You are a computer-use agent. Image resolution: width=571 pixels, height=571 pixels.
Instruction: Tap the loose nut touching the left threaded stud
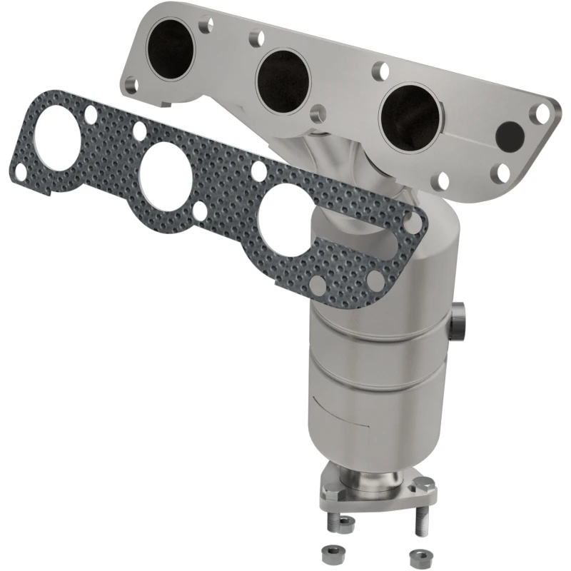[x=345, y=525]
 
